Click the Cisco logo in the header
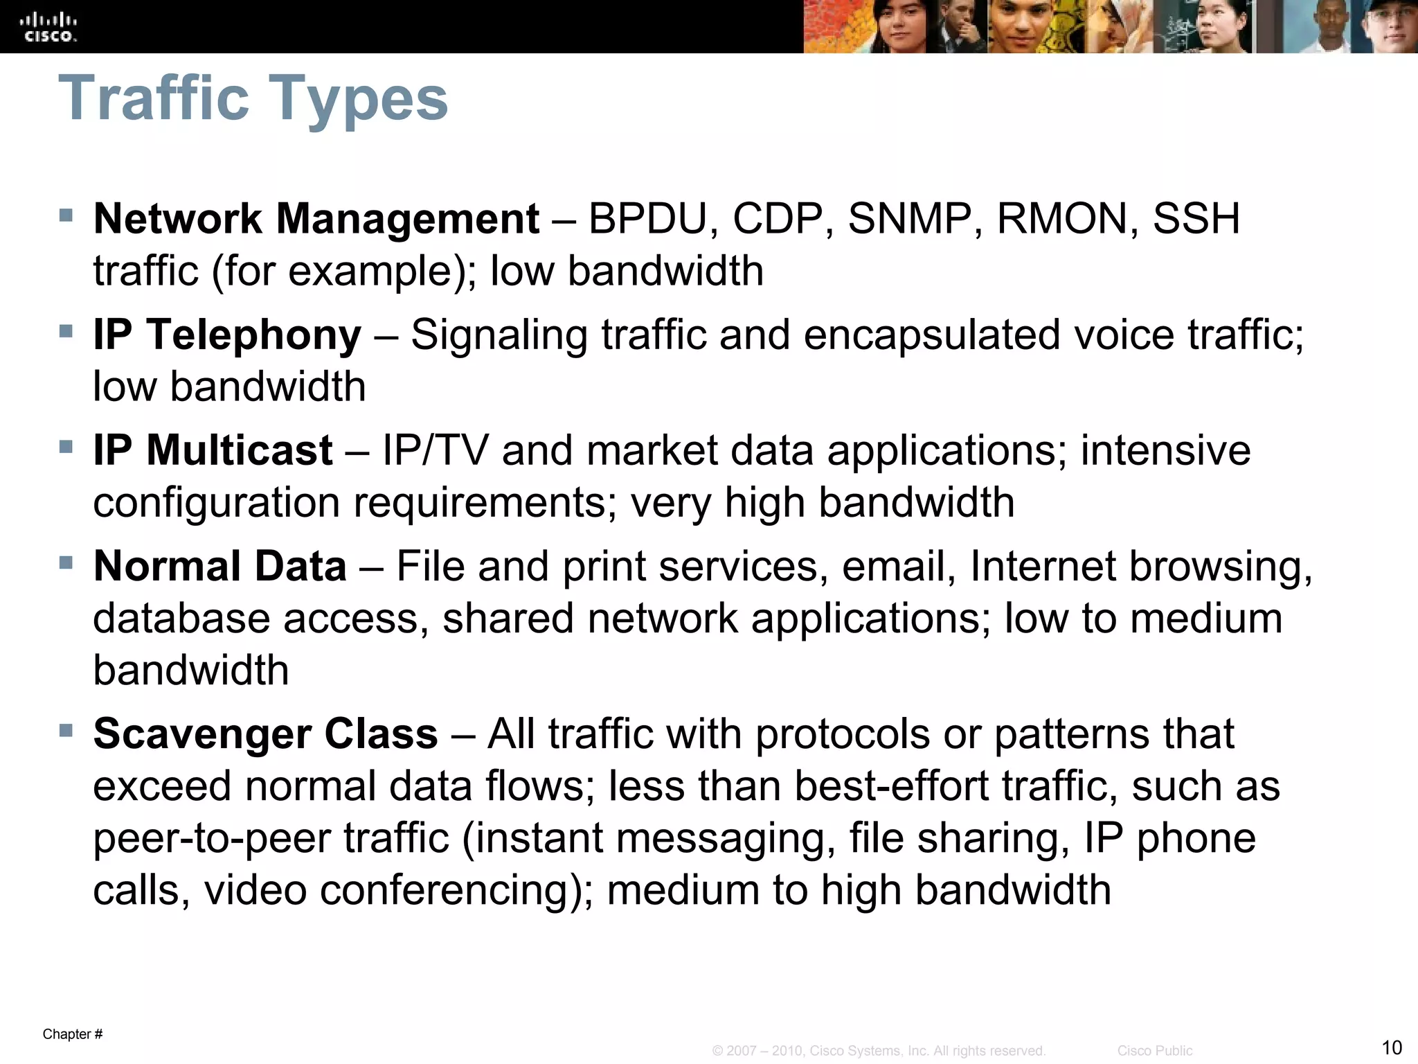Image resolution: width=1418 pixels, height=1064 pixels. point(51,28)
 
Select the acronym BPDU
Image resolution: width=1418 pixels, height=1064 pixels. point(648,219)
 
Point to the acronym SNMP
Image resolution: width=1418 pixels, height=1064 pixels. point(910,219)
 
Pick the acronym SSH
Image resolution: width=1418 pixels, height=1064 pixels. point(1196,219)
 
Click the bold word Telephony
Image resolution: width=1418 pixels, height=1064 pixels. point(253,335)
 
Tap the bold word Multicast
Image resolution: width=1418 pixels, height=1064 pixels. point(239,450)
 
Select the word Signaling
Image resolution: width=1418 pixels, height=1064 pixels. point(499,335)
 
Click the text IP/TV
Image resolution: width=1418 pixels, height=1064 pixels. point(435,450)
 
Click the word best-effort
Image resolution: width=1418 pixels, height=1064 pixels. point(891,786)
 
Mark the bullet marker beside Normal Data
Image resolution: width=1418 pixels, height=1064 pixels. point(66,562)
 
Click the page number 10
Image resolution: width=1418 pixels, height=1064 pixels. point(1392,1047)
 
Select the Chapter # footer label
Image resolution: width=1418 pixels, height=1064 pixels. point(73,1034)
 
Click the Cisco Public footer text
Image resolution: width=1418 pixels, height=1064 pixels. point(1155,1051)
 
